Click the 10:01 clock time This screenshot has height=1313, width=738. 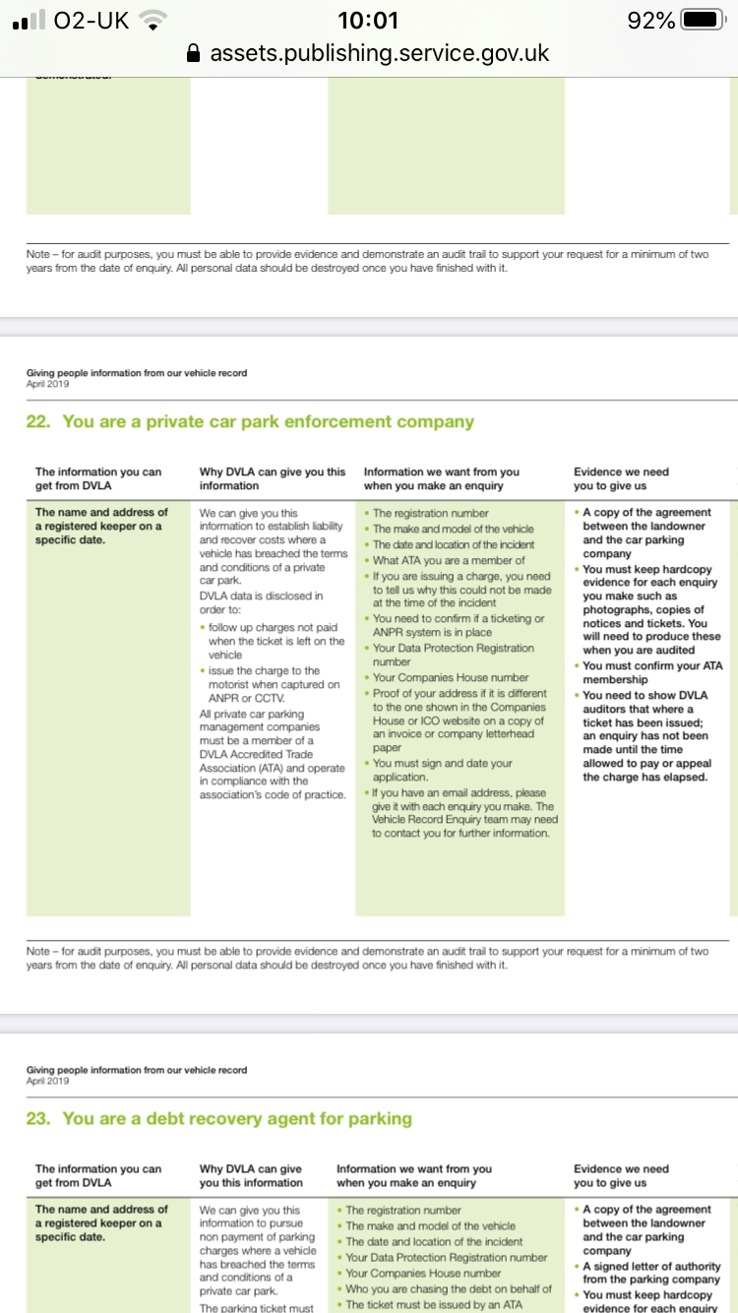coord(368,20)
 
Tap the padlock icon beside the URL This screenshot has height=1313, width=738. coord(194,53)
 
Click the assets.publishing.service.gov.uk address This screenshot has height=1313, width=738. coord(380,53)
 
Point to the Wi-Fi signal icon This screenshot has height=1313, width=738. coord(153,20)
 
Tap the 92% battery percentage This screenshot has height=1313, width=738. coord(650,20)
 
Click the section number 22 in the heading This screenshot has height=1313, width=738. coord(36,421)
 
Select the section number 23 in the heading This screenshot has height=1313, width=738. coord(36,1118)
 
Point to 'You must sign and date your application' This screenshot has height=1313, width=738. coord(442,770)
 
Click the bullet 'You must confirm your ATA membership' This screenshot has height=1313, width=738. coord(652,672)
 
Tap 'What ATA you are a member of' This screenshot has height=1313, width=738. coord(449,560)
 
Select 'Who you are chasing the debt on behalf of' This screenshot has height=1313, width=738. coord(448,1288)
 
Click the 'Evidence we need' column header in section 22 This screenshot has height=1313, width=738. coord(621,478)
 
